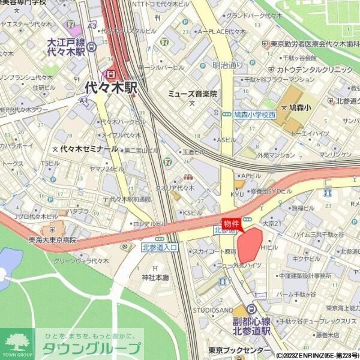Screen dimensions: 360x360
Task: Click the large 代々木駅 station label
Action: (111, 88)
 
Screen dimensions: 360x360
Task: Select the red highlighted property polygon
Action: (250, 245)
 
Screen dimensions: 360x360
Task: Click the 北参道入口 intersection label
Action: (160, 247)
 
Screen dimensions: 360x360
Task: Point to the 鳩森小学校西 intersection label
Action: (255, 114)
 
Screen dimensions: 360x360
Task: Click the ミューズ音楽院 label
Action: (192, 94)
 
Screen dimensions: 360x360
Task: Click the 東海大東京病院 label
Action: (53, 239)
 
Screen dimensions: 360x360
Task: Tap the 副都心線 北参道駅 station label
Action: (252, 325)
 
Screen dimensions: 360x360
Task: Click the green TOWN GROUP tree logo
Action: (17, 344)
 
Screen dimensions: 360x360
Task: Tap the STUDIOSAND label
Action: (213, 310)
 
